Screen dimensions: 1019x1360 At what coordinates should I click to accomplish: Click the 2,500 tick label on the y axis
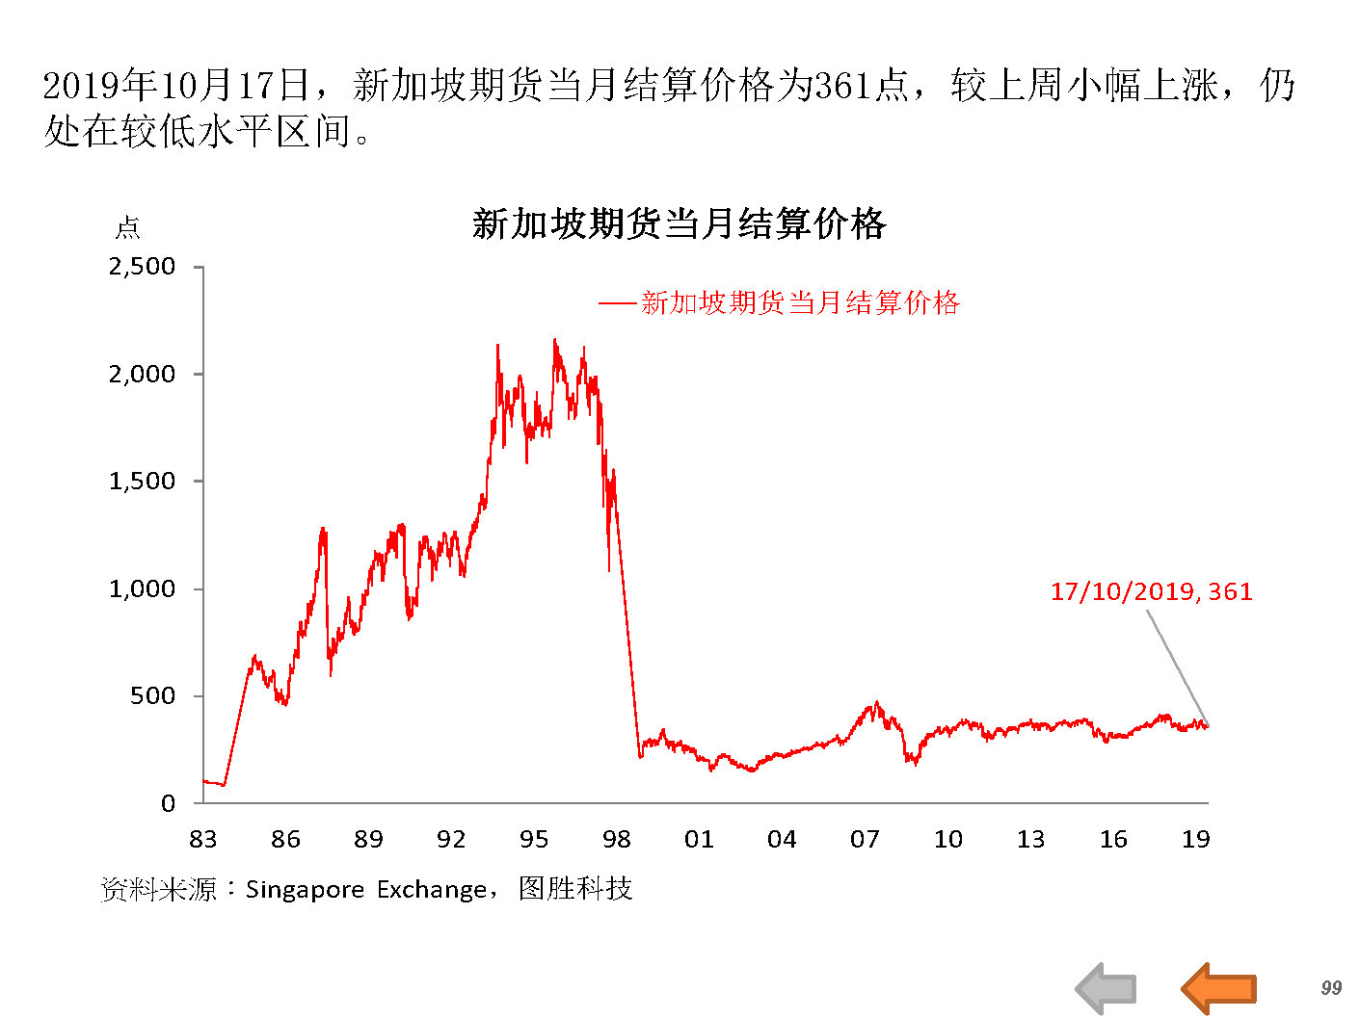coord(142,267)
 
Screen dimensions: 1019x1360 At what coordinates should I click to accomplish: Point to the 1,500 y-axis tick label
coord(142,482)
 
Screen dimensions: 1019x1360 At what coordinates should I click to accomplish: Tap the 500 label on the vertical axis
coord(153,696)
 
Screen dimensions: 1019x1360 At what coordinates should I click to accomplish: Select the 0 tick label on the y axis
coord(169,804)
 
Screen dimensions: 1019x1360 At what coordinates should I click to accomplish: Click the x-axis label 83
coord(203,840)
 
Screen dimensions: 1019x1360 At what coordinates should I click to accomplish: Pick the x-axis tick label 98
coord(617,840)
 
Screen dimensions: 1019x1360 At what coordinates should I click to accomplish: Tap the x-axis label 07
coord(865,840)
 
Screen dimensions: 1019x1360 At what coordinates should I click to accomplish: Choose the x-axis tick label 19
coord(1195,840)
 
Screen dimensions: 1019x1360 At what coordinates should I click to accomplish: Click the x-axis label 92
coord(451,840)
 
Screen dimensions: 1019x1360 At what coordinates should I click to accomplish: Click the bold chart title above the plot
coord(679,224)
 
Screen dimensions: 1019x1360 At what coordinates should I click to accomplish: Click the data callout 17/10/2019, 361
coord(1151,591)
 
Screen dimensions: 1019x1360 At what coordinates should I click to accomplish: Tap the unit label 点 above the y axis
coord(127,228)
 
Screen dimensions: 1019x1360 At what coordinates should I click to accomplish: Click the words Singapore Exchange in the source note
coord(366,889)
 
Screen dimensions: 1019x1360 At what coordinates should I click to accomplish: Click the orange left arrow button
coord(1218,988)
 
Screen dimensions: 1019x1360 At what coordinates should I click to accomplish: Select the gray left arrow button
coord(1106,988)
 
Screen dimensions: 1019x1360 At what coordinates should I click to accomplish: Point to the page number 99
coord(1331,988)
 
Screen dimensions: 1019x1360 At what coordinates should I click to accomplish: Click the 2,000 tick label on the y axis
coord(142,375)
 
